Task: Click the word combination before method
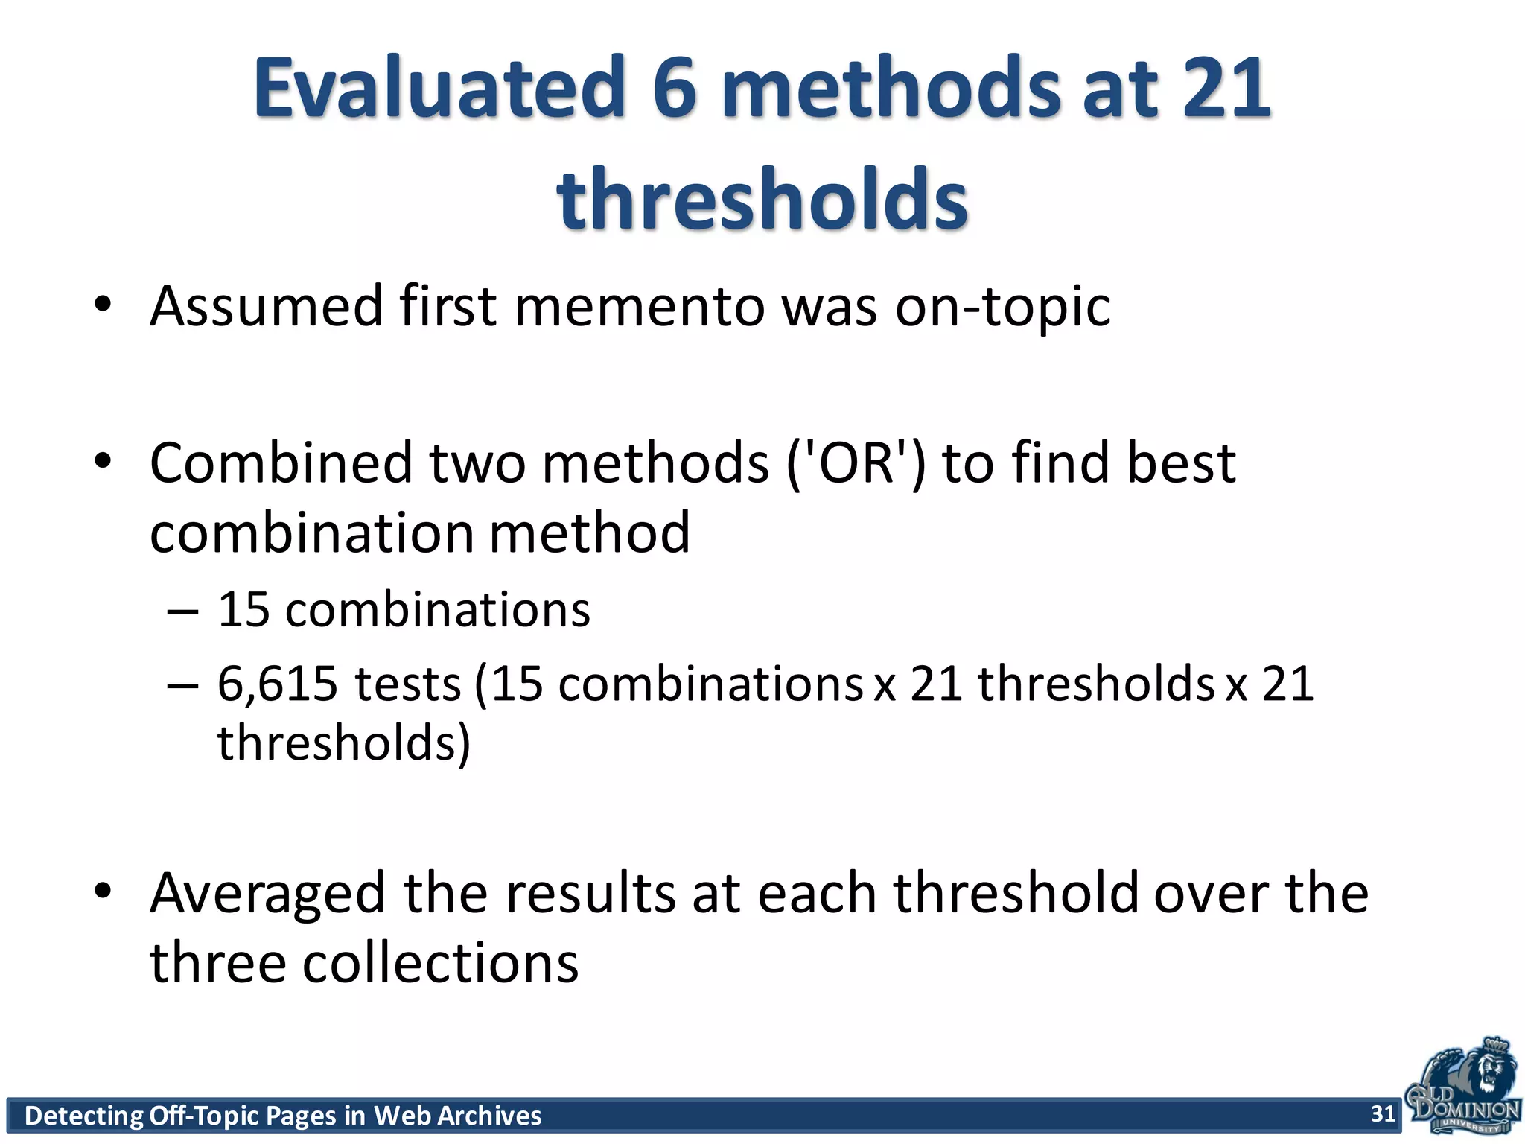coord(312,533)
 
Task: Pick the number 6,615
coord(277,684)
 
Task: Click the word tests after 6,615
coord(408,684)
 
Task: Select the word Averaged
coord(267,893)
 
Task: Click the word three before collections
coord(218,962)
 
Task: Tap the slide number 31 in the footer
coord(1383,1113)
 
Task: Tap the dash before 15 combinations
coord(183,611)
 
